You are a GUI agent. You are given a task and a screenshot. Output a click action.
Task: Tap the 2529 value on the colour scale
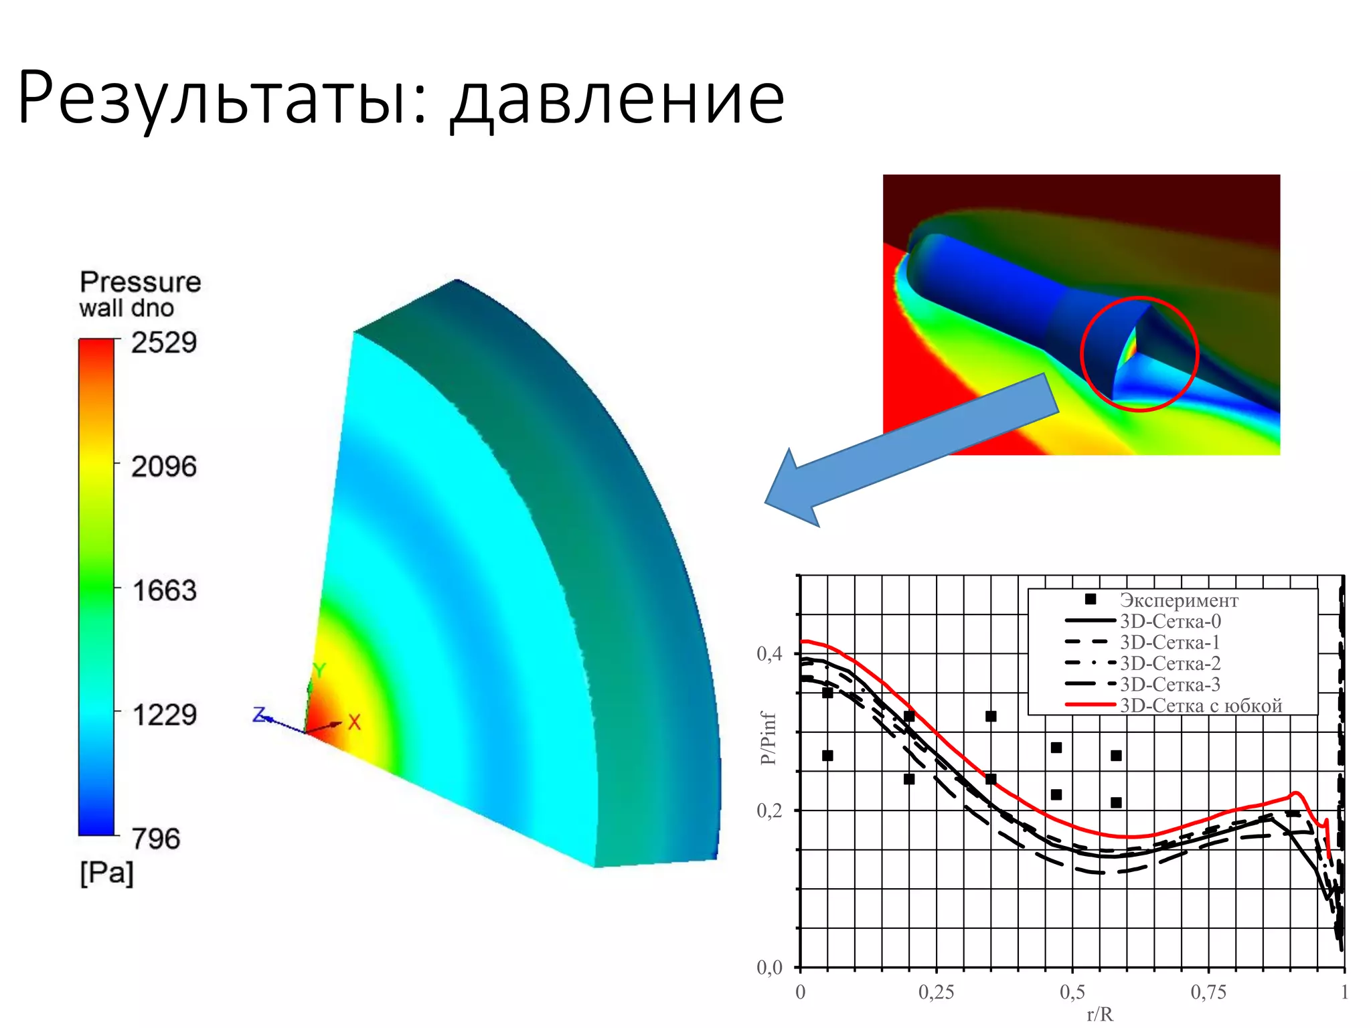point(164,343)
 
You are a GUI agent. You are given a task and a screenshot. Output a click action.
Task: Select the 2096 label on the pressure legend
point(164,467)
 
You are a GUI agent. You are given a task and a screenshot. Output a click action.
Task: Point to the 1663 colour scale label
point(164,591)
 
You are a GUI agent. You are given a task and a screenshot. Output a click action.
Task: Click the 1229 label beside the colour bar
point(164,715)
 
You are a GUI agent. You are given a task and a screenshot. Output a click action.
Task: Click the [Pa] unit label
point(107,873)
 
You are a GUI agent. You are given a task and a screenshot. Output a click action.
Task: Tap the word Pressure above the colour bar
point(140,282)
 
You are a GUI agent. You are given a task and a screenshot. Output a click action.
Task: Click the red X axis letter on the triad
point(354,722)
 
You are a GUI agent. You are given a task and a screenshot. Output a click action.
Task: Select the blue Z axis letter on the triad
point(259,715)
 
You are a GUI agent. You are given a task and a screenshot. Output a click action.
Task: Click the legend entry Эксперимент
point(1178,600)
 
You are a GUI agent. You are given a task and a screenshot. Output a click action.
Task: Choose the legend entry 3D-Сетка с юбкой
point(1200,705)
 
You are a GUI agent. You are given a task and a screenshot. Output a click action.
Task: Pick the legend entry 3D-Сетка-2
point(1170,663)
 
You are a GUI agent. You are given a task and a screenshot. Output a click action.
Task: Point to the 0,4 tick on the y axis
point(769,654)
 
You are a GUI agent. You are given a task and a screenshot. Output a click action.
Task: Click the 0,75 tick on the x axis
point(1208,992)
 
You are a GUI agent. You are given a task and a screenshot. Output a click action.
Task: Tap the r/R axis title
point(1099,1015)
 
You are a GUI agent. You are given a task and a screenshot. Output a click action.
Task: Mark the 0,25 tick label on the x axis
point(936,992)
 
